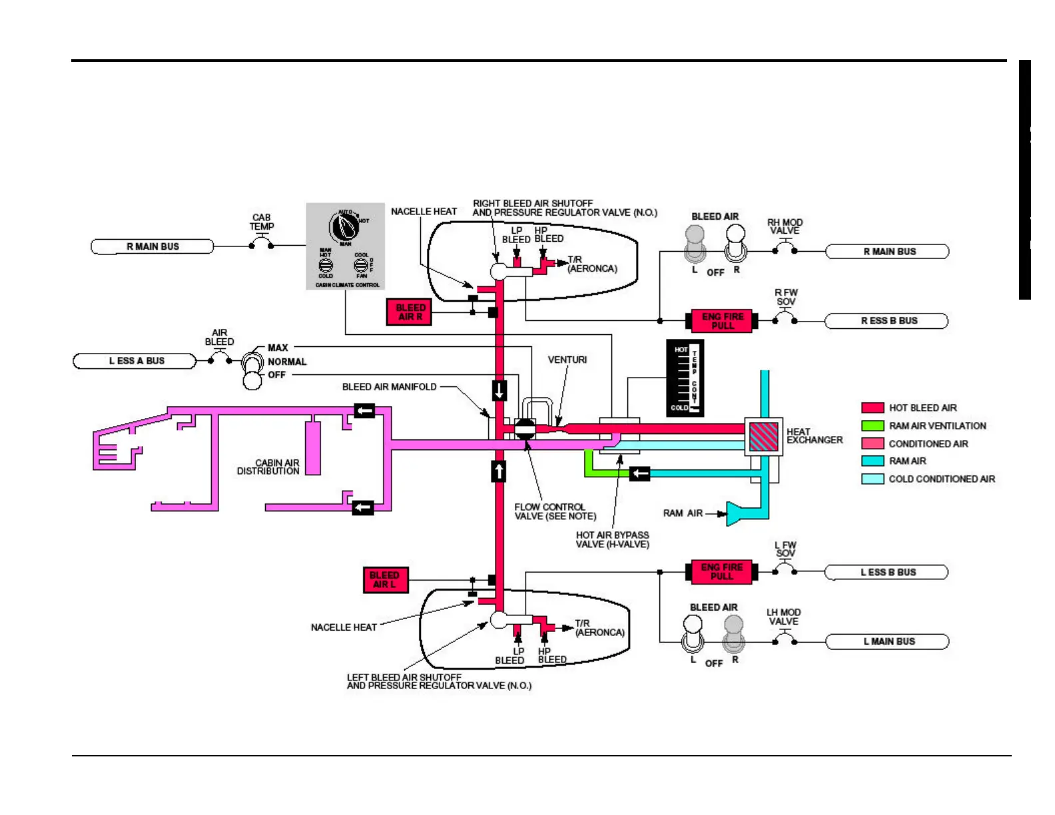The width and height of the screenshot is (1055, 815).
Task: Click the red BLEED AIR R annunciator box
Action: (410, 312)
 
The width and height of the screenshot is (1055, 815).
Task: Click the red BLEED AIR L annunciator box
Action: (385, 579)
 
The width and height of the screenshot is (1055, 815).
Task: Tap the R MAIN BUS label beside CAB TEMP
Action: (153, 246)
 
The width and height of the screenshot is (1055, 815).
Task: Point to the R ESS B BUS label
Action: (887, 321)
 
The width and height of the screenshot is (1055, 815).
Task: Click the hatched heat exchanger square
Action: (763, 437)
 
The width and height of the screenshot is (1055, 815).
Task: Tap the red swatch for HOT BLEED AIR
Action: (873, 408)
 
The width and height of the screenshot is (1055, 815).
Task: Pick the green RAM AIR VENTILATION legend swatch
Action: (873, 426)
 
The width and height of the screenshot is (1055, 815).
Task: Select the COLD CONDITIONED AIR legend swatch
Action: (873, 479)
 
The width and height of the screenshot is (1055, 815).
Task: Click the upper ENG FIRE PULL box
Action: (722, 321)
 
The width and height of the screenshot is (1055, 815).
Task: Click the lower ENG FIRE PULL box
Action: (721, 572)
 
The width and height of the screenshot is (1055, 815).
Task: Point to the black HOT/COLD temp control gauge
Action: (685, 378)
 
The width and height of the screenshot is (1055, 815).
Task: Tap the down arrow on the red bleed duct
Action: (500, 390)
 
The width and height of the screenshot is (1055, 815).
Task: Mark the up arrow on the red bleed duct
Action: (499, 471)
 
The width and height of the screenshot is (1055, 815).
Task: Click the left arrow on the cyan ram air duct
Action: (640, 473)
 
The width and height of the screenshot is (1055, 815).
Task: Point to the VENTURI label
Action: (567, 360)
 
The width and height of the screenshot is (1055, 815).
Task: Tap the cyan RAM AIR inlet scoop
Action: (737, 513)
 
